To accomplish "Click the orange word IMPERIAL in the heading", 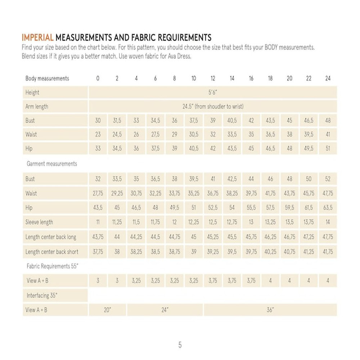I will pos(38,37).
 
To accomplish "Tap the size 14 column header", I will pos(232,78).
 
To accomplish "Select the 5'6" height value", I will pos(213,93).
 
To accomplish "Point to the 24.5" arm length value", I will pos(213,107).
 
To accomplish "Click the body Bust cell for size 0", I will pos(98,121).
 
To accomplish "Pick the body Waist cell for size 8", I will pos(175,135).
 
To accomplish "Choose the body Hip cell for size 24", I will pos(328,148).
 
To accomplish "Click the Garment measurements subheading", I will pos(52,164).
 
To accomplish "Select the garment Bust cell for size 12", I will pos(213,179).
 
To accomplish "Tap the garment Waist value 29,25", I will pos(117,193).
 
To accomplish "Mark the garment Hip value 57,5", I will pos(270,208).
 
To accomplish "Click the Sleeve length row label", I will pos(39,222).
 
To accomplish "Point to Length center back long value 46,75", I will pos(289,237).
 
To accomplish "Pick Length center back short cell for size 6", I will pos(155,252).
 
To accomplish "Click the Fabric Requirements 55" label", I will pos(52,267).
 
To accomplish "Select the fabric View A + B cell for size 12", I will pos(213,281).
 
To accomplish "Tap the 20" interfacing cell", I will pos(107,310).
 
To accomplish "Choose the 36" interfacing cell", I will pos(270,310).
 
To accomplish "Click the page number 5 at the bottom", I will pos(180,345).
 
